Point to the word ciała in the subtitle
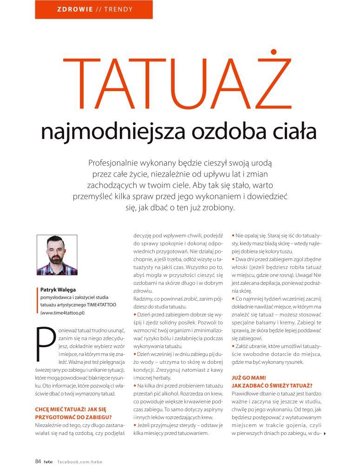click(293, 132)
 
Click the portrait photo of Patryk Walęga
click(57, 255)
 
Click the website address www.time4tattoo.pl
click(63, 313)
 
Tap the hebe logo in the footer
click(49, 461)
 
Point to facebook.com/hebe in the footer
click(79, 461)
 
